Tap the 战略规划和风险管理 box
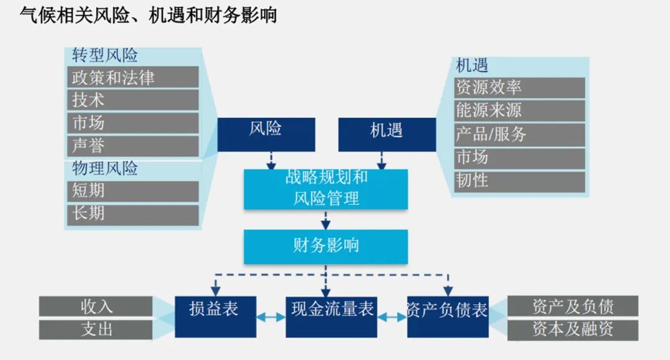(326, 189)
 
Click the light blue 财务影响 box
(326, 246)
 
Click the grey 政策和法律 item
(133, 78)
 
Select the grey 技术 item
(133, 100)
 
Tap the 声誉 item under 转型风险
(133, 146)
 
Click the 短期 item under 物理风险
(133, 191)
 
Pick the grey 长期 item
(133, 214)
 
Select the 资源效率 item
(520, 88)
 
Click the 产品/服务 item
(520, 134)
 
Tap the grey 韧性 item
(520, 181)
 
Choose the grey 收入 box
(96, 306)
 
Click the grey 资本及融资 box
(573, 329)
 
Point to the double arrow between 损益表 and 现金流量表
(270, 317)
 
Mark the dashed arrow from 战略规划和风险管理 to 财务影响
(326, 220)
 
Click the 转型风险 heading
(104, 55)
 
